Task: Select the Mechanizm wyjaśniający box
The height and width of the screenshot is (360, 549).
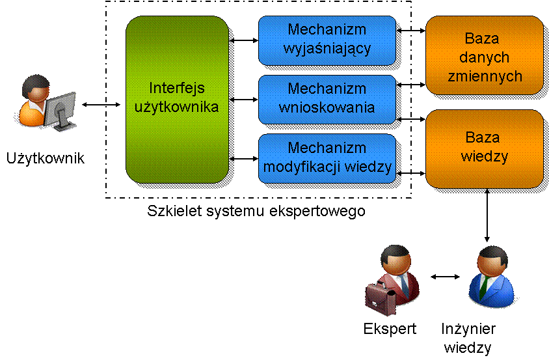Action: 327,40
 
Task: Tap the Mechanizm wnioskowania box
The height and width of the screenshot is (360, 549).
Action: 327,99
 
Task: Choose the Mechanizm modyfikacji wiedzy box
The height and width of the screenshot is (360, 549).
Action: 327,158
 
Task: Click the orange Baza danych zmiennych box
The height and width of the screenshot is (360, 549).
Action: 484,55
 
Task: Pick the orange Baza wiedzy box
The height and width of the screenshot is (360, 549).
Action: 484,148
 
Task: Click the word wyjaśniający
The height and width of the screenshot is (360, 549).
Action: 327,48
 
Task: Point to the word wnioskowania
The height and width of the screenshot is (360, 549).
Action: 327,107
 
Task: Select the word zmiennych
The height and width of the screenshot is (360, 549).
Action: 485,76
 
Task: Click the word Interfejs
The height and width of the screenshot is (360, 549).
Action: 177,88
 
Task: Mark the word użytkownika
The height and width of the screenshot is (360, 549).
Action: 177,107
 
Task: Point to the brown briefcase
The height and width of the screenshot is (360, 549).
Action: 379,297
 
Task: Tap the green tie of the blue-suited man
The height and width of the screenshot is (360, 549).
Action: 484,284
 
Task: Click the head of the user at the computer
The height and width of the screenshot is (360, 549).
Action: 35,88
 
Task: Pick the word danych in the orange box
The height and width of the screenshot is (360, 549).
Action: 484,58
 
